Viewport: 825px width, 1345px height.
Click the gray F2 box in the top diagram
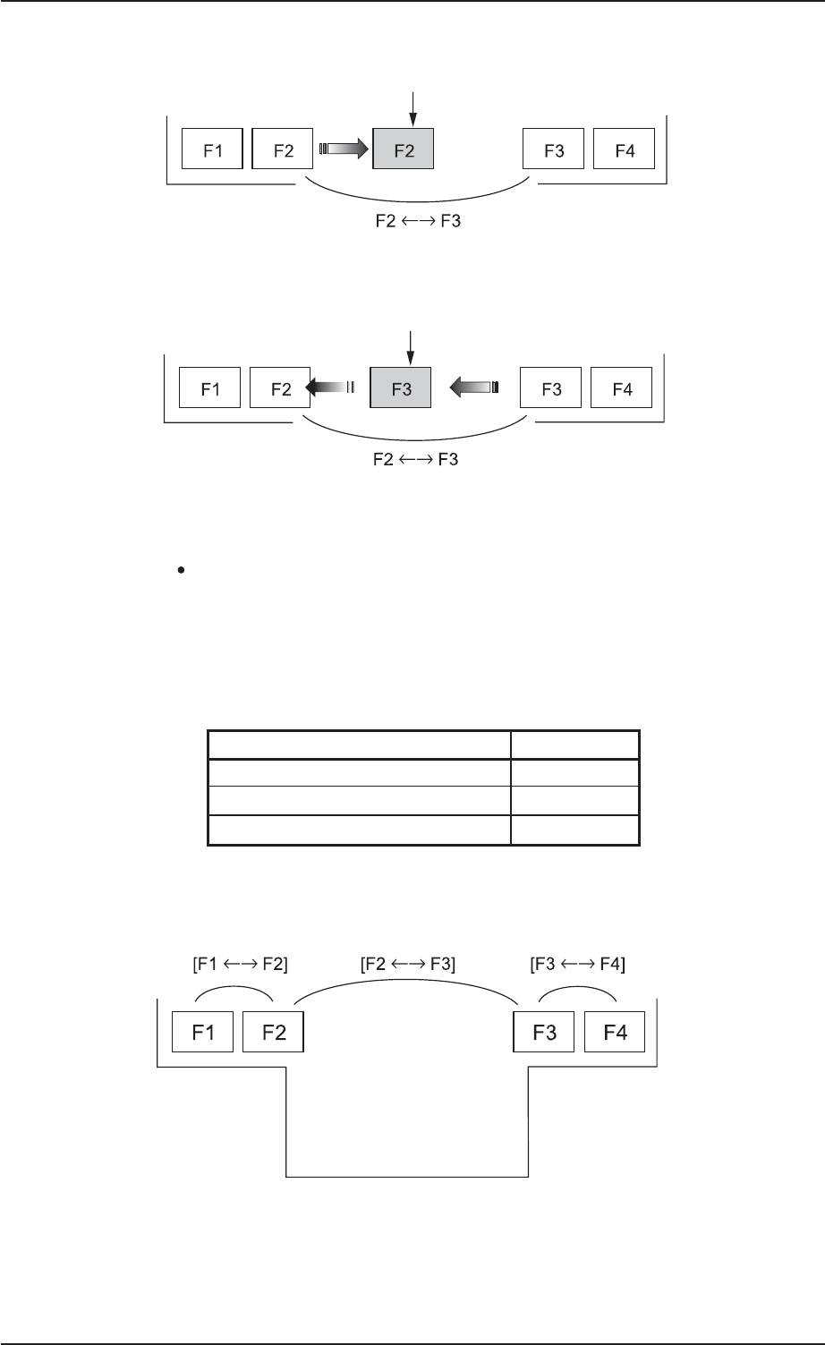403,149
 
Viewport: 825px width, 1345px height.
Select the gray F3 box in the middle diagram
401,387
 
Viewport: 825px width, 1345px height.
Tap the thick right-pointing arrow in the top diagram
344,149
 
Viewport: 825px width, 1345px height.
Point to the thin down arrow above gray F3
410,348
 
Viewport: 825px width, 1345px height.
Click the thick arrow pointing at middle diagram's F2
329,387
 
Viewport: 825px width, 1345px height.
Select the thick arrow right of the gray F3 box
473,387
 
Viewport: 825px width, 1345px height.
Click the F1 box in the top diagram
213,149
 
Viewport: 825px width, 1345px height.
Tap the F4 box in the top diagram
624,149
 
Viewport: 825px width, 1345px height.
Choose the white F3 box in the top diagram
553,149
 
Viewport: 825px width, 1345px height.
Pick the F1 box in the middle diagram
209,387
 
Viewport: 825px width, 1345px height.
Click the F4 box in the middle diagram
622,387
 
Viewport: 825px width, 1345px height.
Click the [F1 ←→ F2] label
240,965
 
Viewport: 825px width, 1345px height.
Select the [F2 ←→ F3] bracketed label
408,965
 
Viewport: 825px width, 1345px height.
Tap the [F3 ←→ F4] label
578,965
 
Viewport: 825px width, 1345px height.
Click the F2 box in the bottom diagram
273,1032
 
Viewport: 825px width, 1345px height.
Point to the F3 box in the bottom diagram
543,1032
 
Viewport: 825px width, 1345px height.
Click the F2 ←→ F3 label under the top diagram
418,221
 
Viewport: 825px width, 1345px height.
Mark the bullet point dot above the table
181,570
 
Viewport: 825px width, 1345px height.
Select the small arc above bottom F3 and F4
578,986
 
